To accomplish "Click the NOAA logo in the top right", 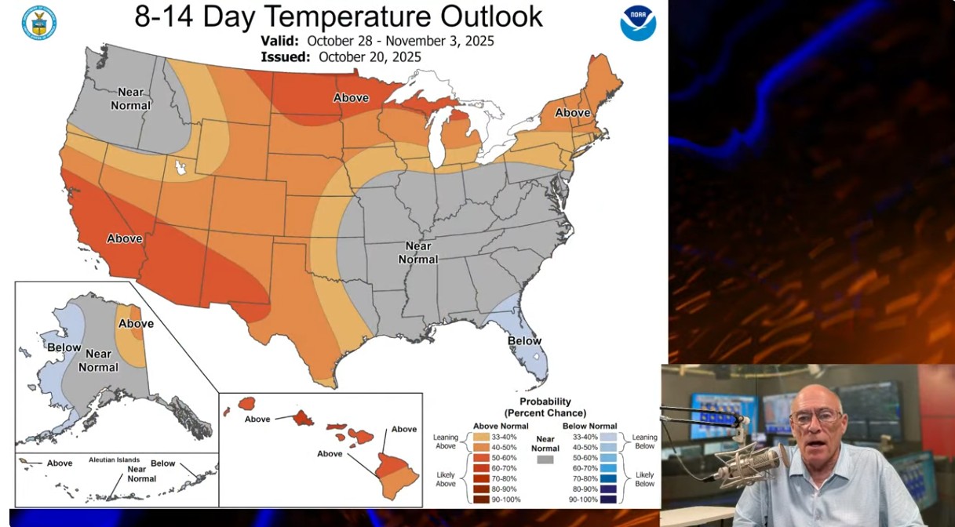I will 638,23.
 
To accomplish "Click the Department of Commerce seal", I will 39,23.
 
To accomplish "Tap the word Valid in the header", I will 280,41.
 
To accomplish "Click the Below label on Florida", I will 524,341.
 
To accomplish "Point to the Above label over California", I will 125,238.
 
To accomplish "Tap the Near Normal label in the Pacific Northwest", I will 131,99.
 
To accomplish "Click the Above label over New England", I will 573,113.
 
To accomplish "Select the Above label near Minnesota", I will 352,98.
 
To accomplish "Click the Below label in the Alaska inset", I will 64,347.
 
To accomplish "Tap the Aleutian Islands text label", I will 114,460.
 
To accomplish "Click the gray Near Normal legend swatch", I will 545,459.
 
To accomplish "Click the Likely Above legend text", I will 446,479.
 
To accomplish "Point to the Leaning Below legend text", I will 644,442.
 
